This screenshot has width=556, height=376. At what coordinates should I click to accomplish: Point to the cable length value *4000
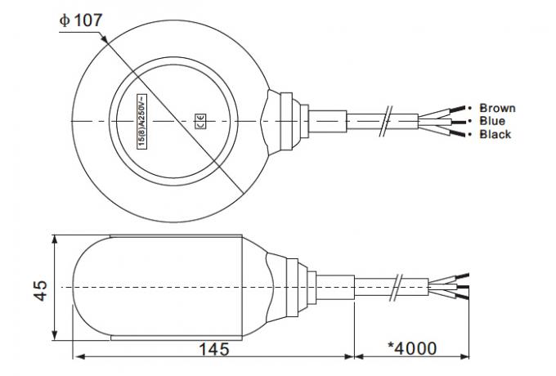pos(414,347)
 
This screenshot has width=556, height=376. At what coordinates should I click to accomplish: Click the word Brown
pos(497,108)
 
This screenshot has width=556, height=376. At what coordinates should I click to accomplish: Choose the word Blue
pos(492,121)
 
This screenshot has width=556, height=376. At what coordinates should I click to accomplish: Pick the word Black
pos(495,134)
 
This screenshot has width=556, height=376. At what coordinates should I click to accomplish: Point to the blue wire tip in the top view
pos(466,121)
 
